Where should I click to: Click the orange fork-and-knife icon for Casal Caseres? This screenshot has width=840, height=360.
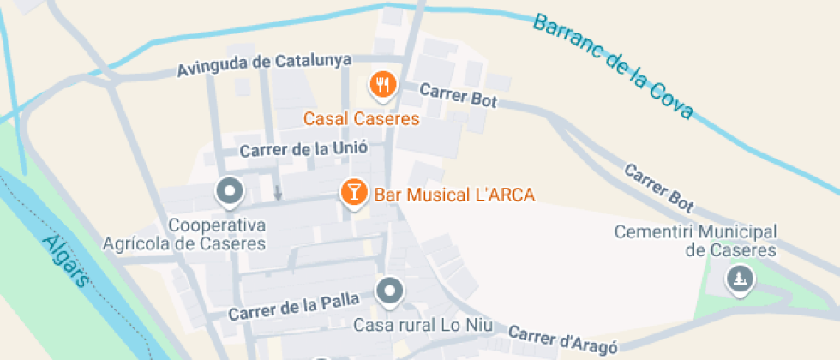(381, 84)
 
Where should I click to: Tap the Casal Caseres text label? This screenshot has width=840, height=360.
(363, 118)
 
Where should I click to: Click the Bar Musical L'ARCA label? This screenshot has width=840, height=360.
(454, 195)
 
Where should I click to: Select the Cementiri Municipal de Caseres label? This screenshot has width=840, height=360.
(695, 241)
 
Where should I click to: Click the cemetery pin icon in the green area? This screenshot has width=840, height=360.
(739, 278)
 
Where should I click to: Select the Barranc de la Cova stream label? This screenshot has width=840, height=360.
(613, 65)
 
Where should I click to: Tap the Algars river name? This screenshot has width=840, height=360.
(65, 260)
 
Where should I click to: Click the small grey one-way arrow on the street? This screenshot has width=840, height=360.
(278, 194)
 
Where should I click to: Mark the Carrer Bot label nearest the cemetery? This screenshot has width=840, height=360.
(658, 187)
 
